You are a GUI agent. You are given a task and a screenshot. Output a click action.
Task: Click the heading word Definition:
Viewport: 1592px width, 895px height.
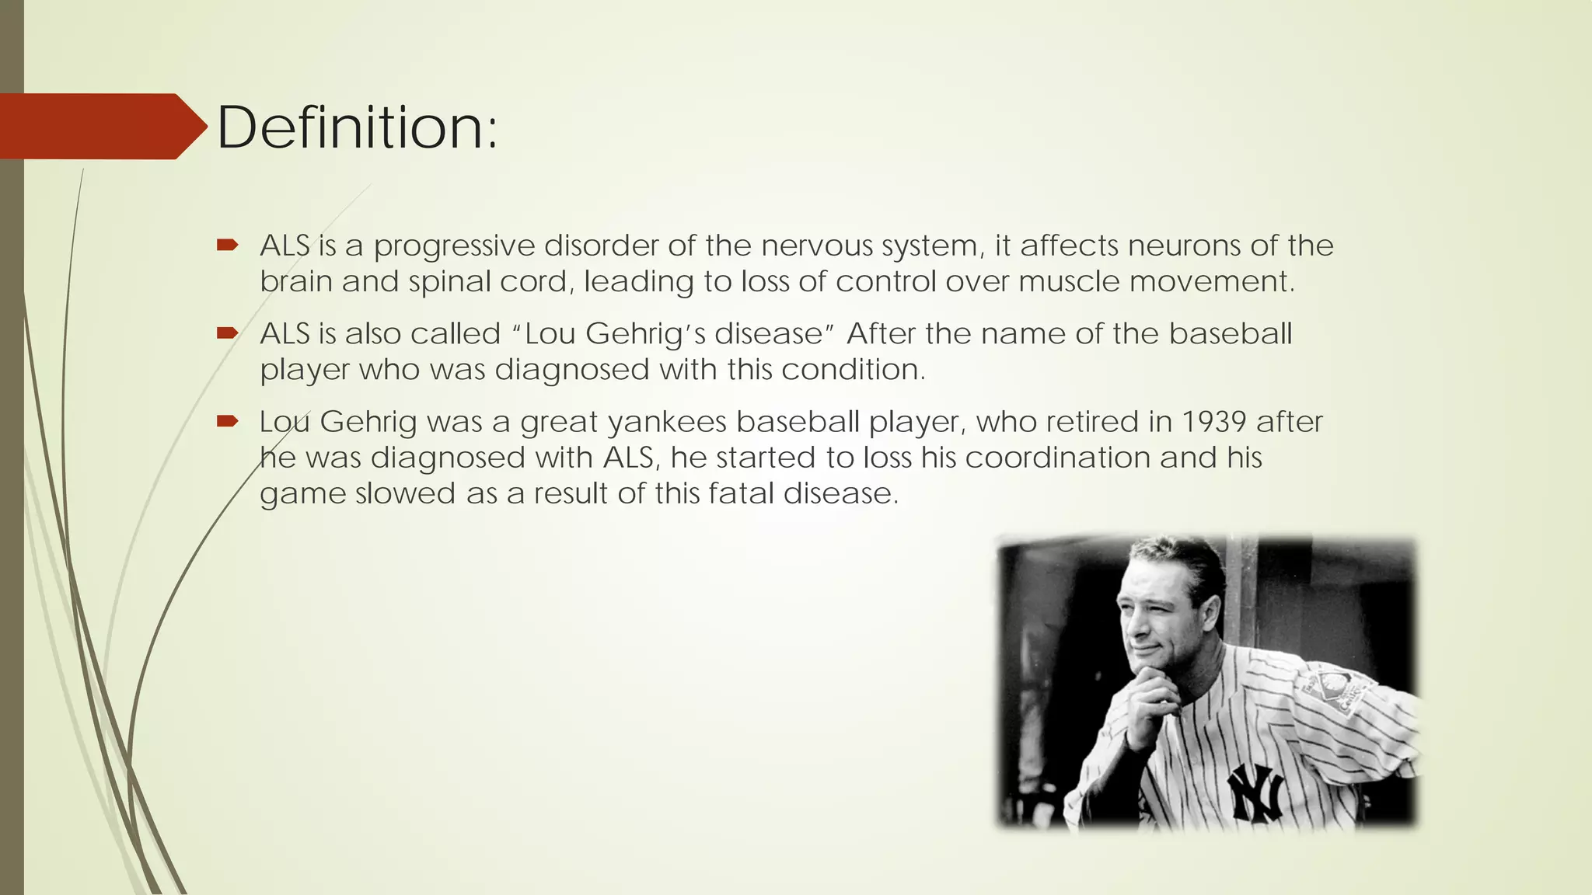[x=357, y=127]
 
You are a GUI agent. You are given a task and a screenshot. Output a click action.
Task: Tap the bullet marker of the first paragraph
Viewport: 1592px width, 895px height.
[x=227, y=246]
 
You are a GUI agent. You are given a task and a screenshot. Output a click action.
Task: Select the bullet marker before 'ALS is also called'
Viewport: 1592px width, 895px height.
[x=227, y=333]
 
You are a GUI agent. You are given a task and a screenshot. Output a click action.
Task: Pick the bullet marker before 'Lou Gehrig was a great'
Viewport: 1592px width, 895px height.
[x=227, y=421]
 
